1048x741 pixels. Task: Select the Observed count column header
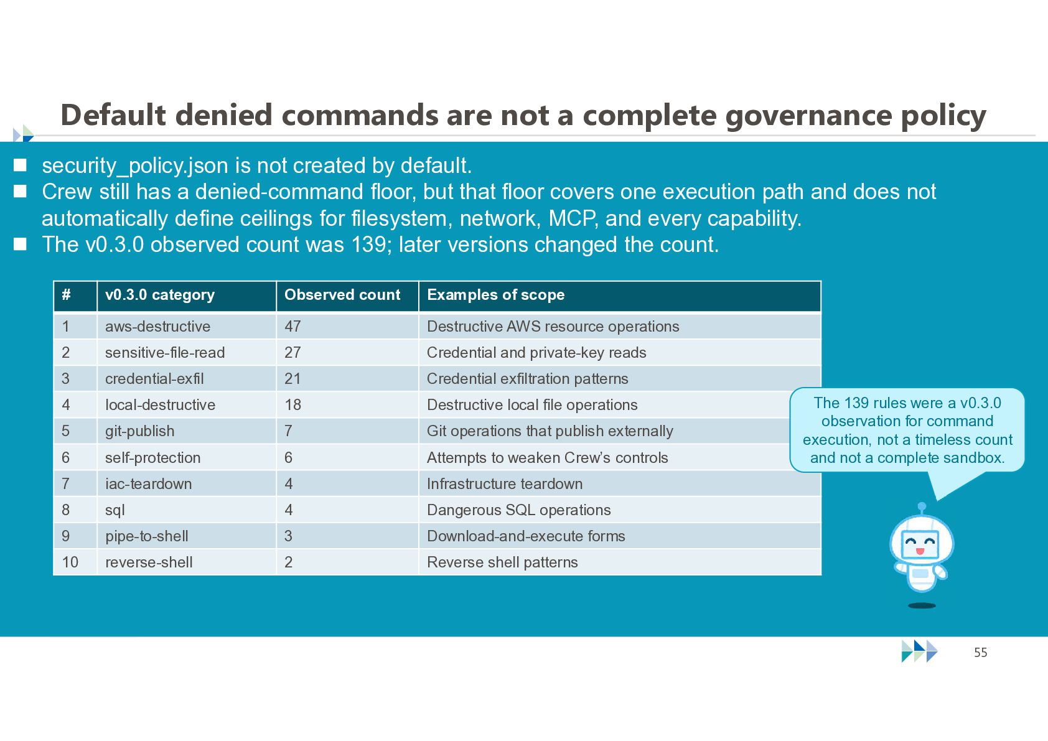[347, 296]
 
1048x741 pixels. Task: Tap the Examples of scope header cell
[619, 296]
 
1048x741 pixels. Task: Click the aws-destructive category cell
[186, 326]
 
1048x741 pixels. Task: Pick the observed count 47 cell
[347, 326]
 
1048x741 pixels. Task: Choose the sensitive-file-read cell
[186, 352]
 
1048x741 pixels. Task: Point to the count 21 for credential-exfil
[347, 378]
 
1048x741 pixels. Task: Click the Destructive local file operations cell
[619, 404]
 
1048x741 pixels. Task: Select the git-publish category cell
[186, 431]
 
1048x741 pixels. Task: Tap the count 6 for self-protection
[347, 457]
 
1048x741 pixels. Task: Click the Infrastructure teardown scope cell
[619, 483]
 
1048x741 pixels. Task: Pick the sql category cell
[186, 510]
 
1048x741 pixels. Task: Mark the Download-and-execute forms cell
[619, 536]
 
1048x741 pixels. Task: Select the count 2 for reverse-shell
[347, 562]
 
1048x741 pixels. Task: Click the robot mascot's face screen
[920, 544]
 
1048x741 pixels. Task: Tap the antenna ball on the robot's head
[922, 506]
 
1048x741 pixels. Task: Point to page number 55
[981, 653]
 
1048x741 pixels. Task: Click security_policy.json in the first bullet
[135, 167]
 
